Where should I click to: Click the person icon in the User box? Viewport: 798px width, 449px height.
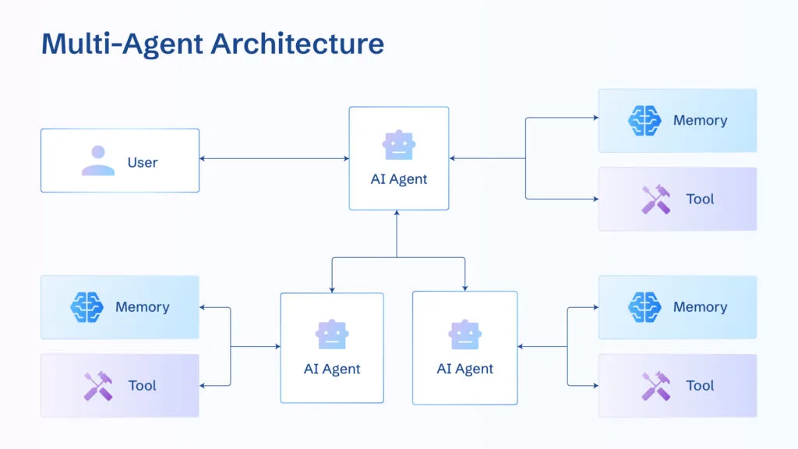tap(98, 161)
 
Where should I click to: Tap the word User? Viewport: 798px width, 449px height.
tap(143, 163)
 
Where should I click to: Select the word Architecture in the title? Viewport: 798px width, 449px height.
tap(295, 43)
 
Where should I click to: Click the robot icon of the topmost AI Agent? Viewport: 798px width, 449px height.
tap(399, 145)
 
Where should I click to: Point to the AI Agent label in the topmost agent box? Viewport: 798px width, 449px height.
tap(399, 179)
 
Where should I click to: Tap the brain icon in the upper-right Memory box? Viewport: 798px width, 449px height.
tap(644, 121)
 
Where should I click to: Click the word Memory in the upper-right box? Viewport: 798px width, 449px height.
tap(700, 121)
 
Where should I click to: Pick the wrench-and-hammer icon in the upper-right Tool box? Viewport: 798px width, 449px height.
tap(655, 200)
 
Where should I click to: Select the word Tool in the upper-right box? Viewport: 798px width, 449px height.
tap(700, 200)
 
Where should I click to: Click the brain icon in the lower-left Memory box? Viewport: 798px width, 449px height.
tap(87, 307)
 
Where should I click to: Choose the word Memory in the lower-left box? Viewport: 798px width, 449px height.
tap(142, 307)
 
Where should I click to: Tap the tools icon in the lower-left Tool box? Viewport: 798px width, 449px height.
tap(98, 386)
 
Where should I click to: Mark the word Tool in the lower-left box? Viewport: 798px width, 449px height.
tap(143, 386)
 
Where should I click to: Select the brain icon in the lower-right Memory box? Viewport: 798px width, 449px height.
tap(644, 307)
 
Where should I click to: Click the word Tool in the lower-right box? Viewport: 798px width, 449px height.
tap(700, 386)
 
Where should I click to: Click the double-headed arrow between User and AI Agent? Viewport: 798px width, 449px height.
tap(274, 159)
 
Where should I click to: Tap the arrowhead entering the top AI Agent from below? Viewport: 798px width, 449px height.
tap(397, 214)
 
